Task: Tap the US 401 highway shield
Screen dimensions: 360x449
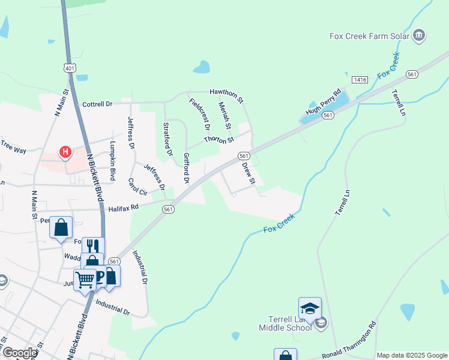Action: (x=70, y=68)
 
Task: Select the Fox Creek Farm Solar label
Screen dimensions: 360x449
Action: (x=369, y=36)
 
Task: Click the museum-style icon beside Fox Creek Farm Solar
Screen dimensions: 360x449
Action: (x=419, y=35)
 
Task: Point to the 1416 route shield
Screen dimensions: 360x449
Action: (x=360, y=80)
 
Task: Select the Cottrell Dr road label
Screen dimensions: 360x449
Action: (x=97, y=104)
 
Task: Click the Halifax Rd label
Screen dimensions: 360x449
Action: (x=124, y=208)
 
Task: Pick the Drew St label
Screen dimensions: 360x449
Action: (x=249, y=173)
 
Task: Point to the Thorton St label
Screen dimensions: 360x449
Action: (x=218, y=140)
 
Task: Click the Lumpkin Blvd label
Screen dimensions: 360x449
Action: (x=112, y=161)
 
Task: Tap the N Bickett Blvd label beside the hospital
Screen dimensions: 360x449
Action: (x=94, y=175)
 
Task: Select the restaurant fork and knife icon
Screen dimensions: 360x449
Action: (x=92, y=246)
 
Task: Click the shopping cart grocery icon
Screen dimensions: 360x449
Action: (x=85, y=278)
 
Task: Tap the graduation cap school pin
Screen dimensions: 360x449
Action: (x=310, y=308)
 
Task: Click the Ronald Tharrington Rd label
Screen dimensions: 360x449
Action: (x=349, y=341)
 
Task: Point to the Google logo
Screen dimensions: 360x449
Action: (x=19, y=353)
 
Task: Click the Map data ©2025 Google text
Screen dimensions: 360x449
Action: (x=412, y=355)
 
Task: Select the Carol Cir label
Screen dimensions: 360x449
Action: (x=137, y=187)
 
